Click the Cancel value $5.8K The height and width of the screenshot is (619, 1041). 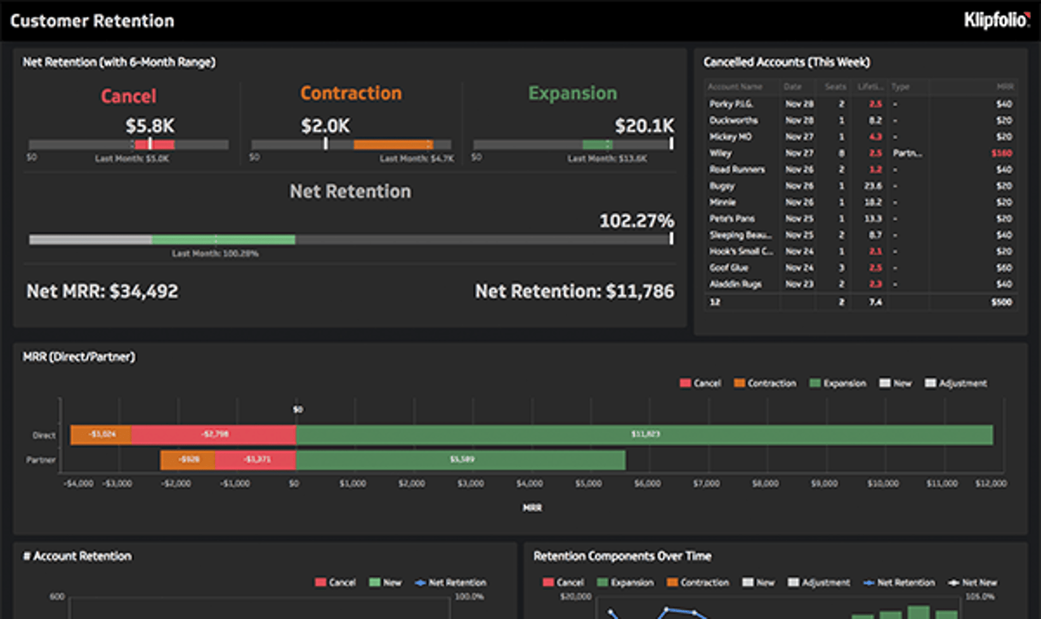coord(150,126)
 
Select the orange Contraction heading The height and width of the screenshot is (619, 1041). coord(351,93)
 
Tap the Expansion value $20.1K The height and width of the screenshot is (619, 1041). coord(644,126)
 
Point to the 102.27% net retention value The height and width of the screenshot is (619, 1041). coord(636,221)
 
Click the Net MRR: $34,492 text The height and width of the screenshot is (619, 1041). coord(102,291)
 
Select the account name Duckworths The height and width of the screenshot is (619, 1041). coord(733,120)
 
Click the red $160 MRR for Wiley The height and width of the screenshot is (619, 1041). coord(1001,153)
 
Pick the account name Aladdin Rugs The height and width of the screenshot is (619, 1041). coord(735,284)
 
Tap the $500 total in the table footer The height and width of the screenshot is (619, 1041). coord(1001,301)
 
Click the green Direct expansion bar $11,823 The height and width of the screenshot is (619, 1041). coord(645,434)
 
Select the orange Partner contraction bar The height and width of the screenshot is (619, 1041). coord(188,460)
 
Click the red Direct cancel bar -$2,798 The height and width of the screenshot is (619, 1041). coord(214,434)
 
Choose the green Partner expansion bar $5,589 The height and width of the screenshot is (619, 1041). coord(461,460)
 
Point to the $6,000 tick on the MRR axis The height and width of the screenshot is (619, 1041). coord(647,484)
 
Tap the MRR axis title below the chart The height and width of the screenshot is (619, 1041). coord(532,508)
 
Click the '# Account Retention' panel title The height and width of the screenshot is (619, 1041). coord(77,556)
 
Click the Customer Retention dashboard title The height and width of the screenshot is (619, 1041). coord(92,21)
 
